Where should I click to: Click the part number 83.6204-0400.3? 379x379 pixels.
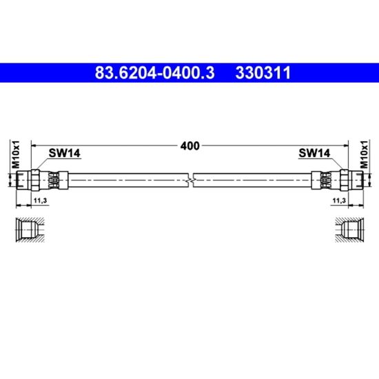pyautogui.click(x=154, y=73)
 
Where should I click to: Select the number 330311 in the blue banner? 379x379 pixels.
pyautogui.click(x=263, y=73)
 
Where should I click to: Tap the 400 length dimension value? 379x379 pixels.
pyautogui.click(x=190, y=146)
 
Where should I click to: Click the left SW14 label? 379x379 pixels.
pyautogui.click(x=64, y=153)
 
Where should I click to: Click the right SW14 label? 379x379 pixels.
pyautogui.click(x=314, y=153)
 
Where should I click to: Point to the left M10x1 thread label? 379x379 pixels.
pyautogui.click(x=15, y=154)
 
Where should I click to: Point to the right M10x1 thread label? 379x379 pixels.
pyautogui.click(x=364, y=154)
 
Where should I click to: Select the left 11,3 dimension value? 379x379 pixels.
pyautogui.click(x=40, y=201)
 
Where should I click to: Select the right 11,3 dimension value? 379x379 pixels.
pyautogui.click(x=339, y=201)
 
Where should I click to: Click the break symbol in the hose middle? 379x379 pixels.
pyautogui.click(x=191, y=180)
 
